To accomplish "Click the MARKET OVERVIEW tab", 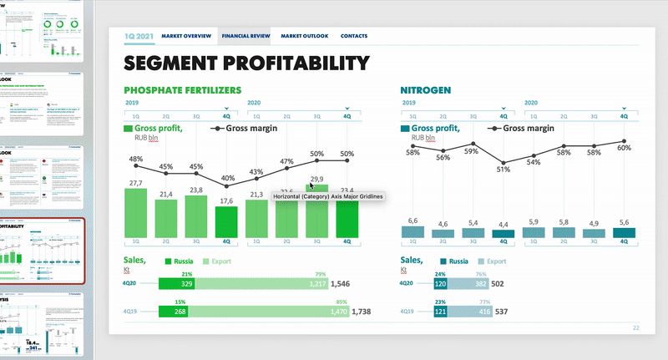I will (186, 37).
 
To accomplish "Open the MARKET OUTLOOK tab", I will (305, 37).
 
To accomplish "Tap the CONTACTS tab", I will (354, 37).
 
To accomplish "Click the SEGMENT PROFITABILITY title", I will (246, 63).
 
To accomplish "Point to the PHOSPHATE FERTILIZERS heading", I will (183, 89).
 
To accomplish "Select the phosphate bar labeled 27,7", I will (135, 211).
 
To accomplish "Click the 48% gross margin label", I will (135, 159).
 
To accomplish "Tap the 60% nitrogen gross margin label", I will (624, 148).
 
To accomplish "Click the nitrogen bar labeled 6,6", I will (412, 232).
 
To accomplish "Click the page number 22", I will (636, 328).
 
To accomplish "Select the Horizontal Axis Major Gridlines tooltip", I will (327, 196).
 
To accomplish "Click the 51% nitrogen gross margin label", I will (503, 170).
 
